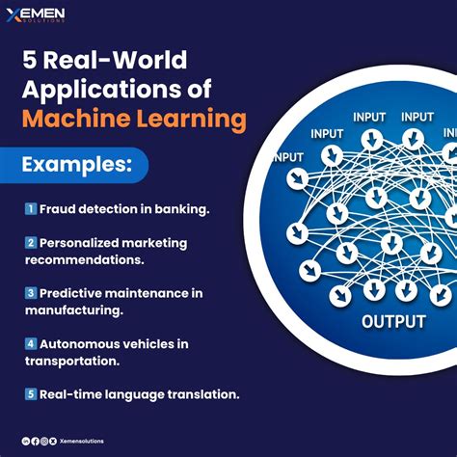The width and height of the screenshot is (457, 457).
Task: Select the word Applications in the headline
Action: click(x=96, y=92)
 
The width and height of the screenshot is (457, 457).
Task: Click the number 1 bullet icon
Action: click(x=30, y=208)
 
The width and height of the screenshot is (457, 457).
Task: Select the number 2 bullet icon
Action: click(x=30, y=243)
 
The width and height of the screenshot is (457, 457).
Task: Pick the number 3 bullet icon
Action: click(x=30, y=292)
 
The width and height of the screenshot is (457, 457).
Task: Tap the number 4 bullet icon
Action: click(x=30, y=342)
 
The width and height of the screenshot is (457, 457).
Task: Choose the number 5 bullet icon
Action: click(x=30, y=392)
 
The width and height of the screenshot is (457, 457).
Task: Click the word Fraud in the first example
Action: click(x=58, y=208)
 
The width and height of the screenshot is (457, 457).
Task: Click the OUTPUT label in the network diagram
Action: click(x=392, y=320)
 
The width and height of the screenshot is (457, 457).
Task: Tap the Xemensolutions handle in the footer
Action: click(x=81, y=441)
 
